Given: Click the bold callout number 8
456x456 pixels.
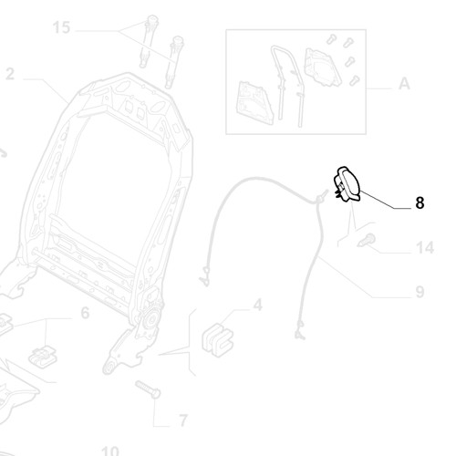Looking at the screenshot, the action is (x=420, y=202).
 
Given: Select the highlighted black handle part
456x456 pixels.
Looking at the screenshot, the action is (x=347, y=184).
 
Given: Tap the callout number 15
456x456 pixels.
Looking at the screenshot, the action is (x=61, y=27).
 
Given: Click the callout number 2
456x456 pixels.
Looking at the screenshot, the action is (x=10, y=74).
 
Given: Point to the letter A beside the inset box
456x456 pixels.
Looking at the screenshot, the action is (x=404, y=83).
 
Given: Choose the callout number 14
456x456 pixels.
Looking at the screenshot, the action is (x=425, y=247).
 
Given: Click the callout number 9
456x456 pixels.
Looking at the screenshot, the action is (x=420, y=292).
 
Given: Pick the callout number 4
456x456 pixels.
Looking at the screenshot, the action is (x=258, y=305).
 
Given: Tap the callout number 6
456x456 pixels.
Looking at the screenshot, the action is (x=85, y=313).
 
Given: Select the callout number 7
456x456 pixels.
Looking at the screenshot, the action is (x=182, y=420).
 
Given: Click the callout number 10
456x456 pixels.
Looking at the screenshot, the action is (x=109, y=451).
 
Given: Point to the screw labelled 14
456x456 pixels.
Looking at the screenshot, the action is (x=367, y=240).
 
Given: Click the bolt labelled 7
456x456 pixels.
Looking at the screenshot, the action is (x=148, y=389).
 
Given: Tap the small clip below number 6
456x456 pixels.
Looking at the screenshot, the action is (x=43, y=357).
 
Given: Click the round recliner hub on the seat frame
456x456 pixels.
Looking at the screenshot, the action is (x=151, y=318).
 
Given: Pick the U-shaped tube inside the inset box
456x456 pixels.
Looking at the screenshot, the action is (x=287, y=85).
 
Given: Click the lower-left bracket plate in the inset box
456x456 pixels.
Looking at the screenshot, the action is (x=254, y=103).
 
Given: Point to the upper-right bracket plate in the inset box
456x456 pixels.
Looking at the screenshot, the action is (x=324, y=67).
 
